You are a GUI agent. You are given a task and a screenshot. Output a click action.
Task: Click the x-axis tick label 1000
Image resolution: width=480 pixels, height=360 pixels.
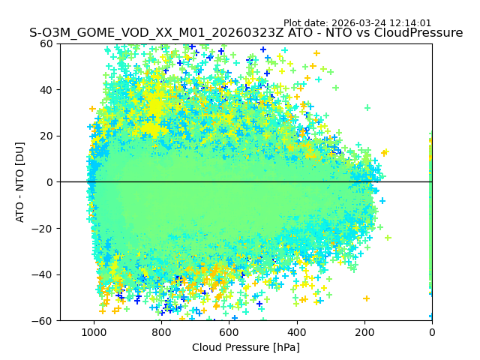pyautogui.click(x=94, y=332)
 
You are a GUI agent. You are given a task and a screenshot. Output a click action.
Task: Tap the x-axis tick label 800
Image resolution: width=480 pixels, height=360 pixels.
pyautogui.click(x=161, y=332)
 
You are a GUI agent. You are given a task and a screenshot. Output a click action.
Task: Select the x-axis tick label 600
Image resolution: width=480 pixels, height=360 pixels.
pyautogui.click(x=229, y=332)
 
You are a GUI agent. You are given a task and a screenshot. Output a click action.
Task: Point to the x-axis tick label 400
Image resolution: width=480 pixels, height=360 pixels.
pyautogui.click(x=296, y=332)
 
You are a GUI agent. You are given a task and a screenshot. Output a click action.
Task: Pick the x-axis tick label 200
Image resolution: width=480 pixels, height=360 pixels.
pyautogui.click(x=364, y=332)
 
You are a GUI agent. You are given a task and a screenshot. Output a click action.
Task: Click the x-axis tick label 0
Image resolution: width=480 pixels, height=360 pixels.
pyautogui.click(x=432, y=332)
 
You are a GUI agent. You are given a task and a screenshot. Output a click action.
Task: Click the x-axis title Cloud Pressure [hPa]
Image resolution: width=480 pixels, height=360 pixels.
pyautogui.click(x=246, y=347)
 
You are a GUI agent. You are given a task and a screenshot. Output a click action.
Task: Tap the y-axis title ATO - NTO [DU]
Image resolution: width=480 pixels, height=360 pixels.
pyautogui.click(x=21, y=182)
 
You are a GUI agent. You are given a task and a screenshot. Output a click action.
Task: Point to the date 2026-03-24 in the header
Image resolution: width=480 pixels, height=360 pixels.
pyautogui.click(x=373, y=23)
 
